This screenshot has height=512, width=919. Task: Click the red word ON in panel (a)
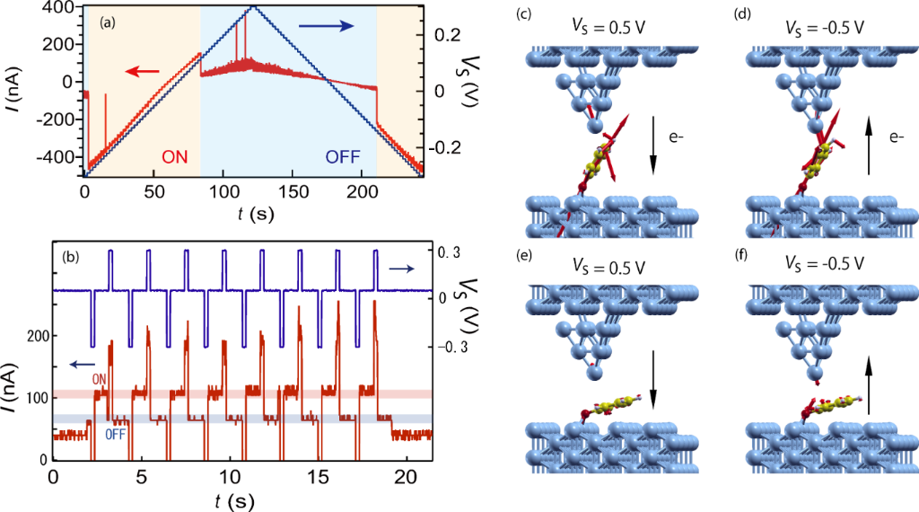click(x=176, y=155)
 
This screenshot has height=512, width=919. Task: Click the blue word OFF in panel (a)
click(x=342, y=156)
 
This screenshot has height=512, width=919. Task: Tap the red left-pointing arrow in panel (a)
click(x=143, y=71)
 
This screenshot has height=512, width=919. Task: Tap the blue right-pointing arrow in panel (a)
click(x=322, y=27)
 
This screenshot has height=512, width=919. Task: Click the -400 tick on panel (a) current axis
click(x=59, y=155)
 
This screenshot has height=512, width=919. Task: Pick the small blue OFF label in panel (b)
click(x=116, y=434)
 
